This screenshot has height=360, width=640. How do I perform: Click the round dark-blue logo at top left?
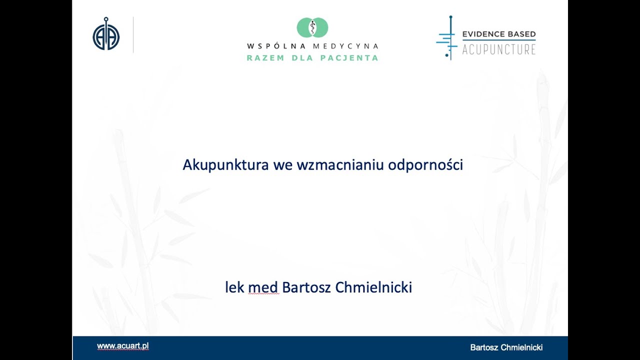coord(106,34)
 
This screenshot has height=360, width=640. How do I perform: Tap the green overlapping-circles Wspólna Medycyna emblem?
coord(312,27)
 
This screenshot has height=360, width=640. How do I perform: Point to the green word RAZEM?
coord(265,58)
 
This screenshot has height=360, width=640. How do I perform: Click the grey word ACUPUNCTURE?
coord(498,49)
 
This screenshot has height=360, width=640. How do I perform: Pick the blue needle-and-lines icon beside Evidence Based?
coord(447,38)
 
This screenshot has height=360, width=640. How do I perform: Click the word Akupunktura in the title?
coord(226,164)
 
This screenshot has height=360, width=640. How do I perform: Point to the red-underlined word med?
coord(263,288)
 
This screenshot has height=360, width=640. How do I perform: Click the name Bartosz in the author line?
coord(304,287)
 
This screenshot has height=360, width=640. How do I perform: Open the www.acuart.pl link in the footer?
coord(122,346)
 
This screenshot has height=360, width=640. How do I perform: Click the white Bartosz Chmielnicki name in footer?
coord(506,347)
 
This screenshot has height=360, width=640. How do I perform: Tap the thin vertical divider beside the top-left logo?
coord(133,34)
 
